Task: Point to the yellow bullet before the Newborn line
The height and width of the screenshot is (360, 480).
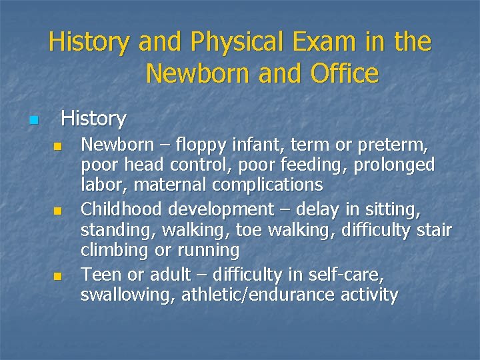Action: (x=58, y=145)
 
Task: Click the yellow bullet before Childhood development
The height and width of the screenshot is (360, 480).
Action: (x=58, y=211)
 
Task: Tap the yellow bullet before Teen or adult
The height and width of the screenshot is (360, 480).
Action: (x=58, y=275)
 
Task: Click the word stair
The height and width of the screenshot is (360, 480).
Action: (x=433, y=230)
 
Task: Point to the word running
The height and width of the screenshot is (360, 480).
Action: (x=207, y=251)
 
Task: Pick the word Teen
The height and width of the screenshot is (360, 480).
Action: (x=99, y=274)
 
